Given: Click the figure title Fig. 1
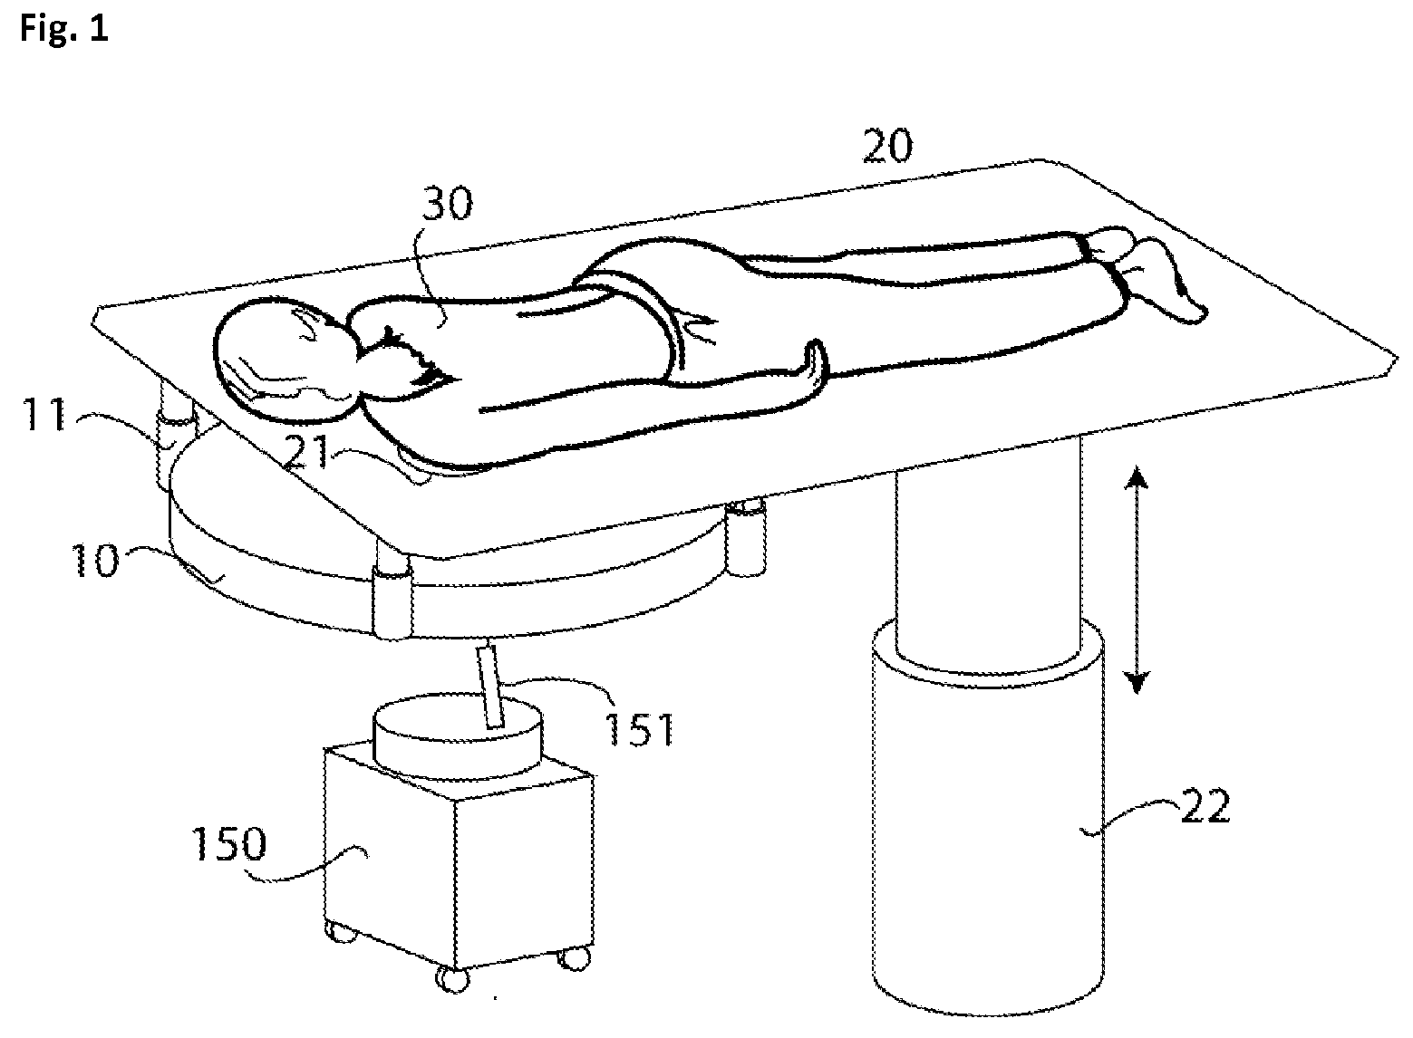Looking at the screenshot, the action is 62,29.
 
